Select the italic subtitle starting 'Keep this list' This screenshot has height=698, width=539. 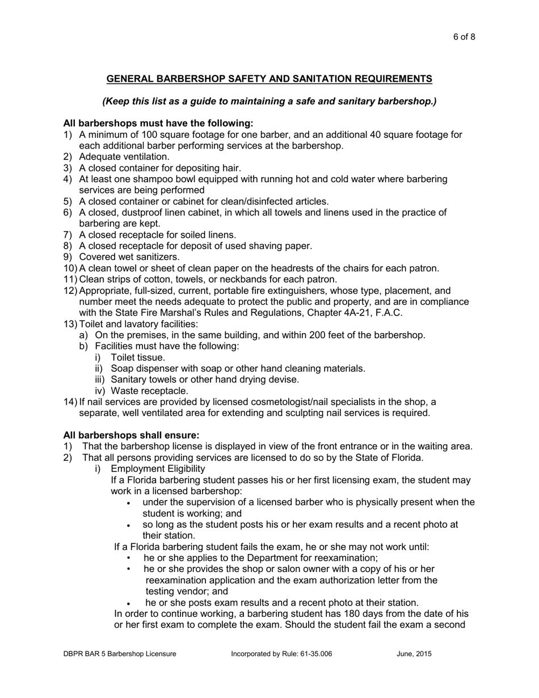click(x=269, y=101)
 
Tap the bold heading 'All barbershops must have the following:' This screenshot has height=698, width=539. click(x=158, y=123)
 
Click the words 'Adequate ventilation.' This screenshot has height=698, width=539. click(x=124, y=157)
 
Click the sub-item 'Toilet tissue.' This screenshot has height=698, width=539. click(x=138, y=358)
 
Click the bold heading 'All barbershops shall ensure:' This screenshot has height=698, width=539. click(x=131, y=435)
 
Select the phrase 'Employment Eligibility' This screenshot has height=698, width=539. click(x=158, y=469)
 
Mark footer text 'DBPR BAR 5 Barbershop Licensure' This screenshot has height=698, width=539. click(x=119, y=654)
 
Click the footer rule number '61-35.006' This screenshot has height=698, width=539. click(x=314, y=654)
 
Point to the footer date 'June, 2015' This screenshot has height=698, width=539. click(x=414, y=654)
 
